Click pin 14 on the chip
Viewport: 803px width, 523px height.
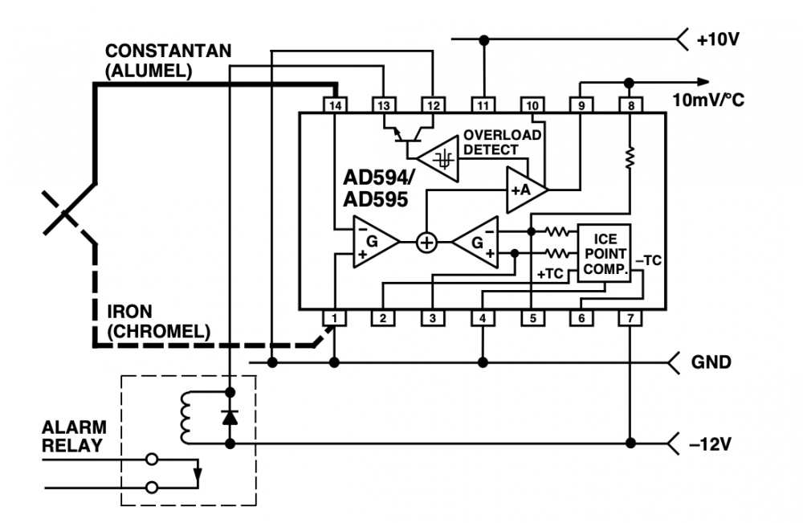(x=335, y=105)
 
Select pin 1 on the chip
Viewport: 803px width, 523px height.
(x=335, y=319)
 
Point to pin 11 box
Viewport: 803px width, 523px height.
(x=483, y=105)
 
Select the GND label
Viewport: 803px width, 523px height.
(x=711, y=362)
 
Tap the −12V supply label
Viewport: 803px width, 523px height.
(x=712, y=443)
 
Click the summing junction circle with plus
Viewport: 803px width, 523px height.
(x=426, y=242)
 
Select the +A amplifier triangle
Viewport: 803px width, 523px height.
(x=524, y=190)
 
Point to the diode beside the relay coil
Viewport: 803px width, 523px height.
(x=230, y=417)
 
